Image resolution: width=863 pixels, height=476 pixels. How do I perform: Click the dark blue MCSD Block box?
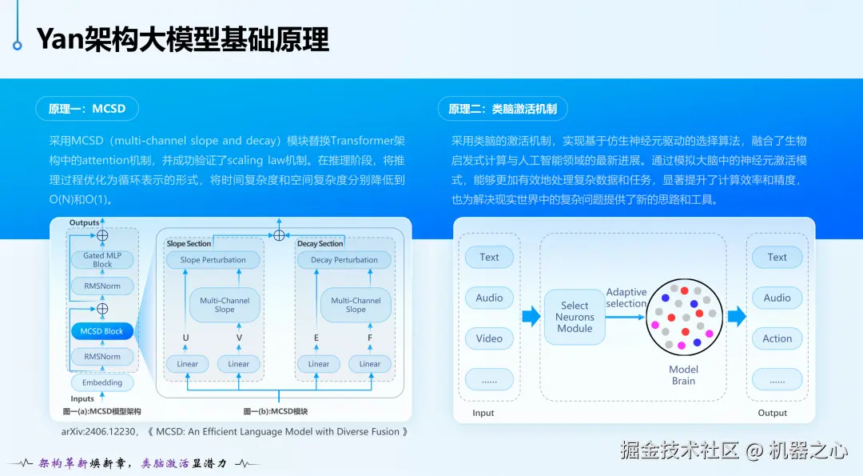pyautogui.click(x=102, y=331)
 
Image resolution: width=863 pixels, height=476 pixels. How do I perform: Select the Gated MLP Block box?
pyautogui.click(x=102, y=259)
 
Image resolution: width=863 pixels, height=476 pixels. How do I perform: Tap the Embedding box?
pyautogui.click(x=102, y=382)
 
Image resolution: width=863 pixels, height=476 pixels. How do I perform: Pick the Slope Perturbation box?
pyautogui.click(x=213, y=260)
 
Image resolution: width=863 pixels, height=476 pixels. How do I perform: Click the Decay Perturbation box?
pyautogui.click(x=344, y=260)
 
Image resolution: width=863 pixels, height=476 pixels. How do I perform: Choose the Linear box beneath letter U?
pyautogui.click(x=187, y=364)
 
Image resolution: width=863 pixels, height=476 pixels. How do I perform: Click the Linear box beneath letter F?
pyautogui.click(x=370, y=364)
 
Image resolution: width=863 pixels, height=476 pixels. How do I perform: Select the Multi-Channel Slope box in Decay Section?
pyautogui.click(x=356, y=305)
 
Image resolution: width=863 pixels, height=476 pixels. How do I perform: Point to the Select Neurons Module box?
pyautogui.click(x=575, y=317)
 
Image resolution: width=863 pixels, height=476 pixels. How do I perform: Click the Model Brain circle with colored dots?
pyautogui.click(x=684, y=317)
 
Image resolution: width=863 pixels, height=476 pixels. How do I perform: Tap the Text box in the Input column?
pyautogui.click(x=489, y=258)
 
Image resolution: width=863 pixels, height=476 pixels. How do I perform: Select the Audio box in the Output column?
pyautogui.click(x=777, y=298)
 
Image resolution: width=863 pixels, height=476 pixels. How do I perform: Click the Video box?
pyautogui.click(x=489, y=338)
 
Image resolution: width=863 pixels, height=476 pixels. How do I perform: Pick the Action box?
pyautogui.click(x=777, y=338)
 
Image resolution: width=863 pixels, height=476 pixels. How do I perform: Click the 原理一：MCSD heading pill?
pyautogui.click(x=87, y=109)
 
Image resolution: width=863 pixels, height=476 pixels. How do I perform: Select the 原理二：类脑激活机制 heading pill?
pyautogui.click(x=503, y=109)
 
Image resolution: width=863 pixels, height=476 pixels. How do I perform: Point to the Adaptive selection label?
pyautogui.click(x=626, y=298)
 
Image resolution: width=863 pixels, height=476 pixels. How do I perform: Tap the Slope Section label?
pyautogui.click(x=189, y=243)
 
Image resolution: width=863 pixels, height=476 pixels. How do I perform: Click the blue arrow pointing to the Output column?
pyautogui.click(x=737, y=317)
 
